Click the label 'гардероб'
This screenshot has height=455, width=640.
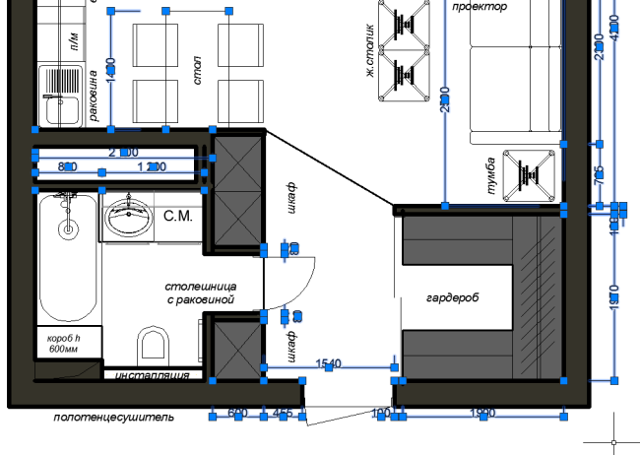(452, 296)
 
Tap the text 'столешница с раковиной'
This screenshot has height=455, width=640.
(201, 292)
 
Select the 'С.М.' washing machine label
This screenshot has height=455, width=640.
(177, 216)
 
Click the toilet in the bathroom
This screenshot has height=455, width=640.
(153, 343)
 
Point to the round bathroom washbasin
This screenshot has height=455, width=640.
(126, 218)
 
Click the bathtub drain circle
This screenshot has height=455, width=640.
(68, 230)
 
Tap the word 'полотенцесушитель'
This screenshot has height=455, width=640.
(114, 417)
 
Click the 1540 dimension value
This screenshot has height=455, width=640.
(328, 363)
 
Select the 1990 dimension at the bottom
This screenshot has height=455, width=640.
(482, 412)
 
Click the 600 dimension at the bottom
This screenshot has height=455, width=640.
(237, 412)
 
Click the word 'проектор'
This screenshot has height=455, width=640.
(480, 7)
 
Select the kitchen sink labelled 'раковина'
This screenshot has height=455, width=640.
(59, 104)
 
